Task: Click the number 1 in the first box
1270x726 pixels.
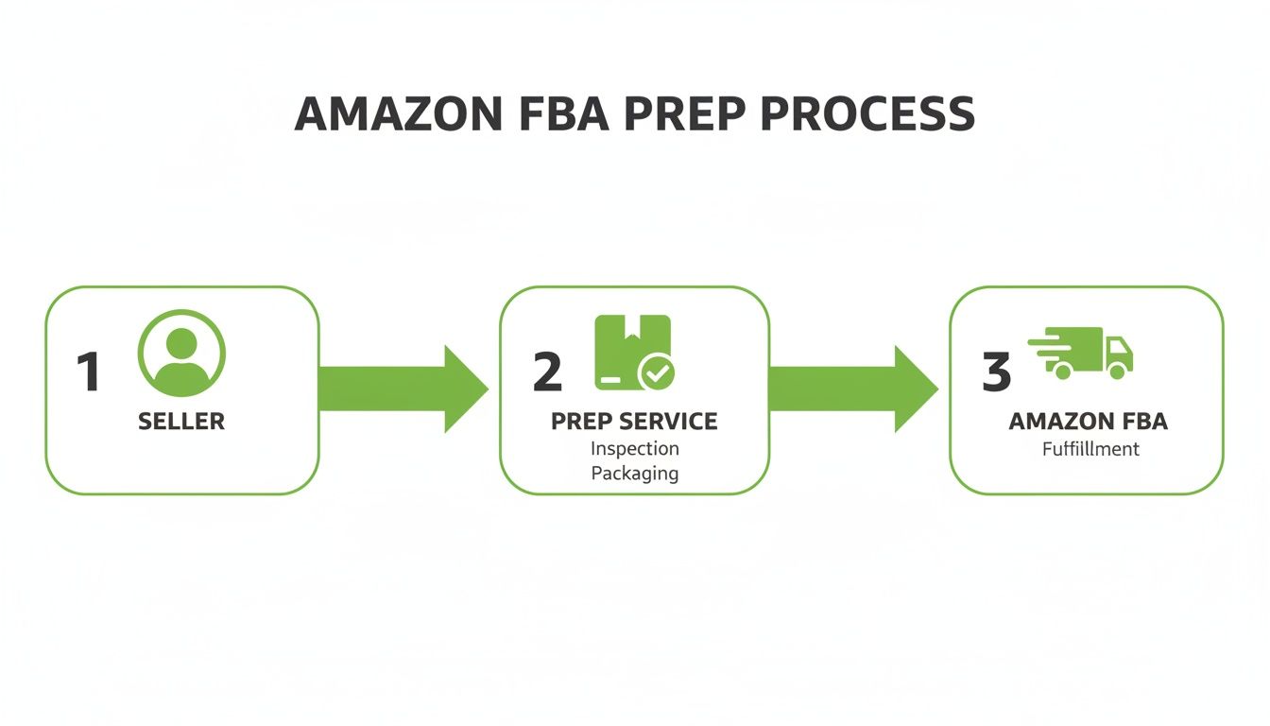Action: tap(88, 372)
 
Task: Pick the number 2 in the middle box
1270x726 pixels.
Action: tap(547, 372)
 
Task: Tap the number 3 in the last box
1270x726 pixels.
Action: tap(996, 372)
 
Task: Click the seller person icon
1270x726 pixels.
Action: tap(181, 353)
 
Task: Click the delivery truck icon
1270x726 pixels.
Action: tap(1082, 353)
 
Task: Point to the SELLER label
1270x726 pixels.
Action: tap(181, 422)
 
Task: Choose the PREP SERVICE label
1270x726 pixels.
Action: tap(634, 422)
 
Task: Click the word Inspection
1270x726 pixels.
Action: tap(634, 448)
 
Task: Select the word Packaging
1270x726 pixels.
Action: tap(634, 473)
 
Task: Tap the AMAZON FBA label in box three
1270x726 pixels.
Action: tap(1088, 422)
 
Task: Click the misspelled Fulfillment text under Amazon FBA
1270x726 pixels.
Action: tap(1090, 449)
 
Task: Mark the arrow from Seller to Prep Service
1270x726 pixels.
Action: tap(402, 389)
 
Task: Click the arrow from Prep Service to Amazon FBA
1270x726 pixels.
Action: tap(852, 389)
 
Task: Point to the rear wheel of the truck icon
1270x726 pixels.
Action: tap(1063, 372)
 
